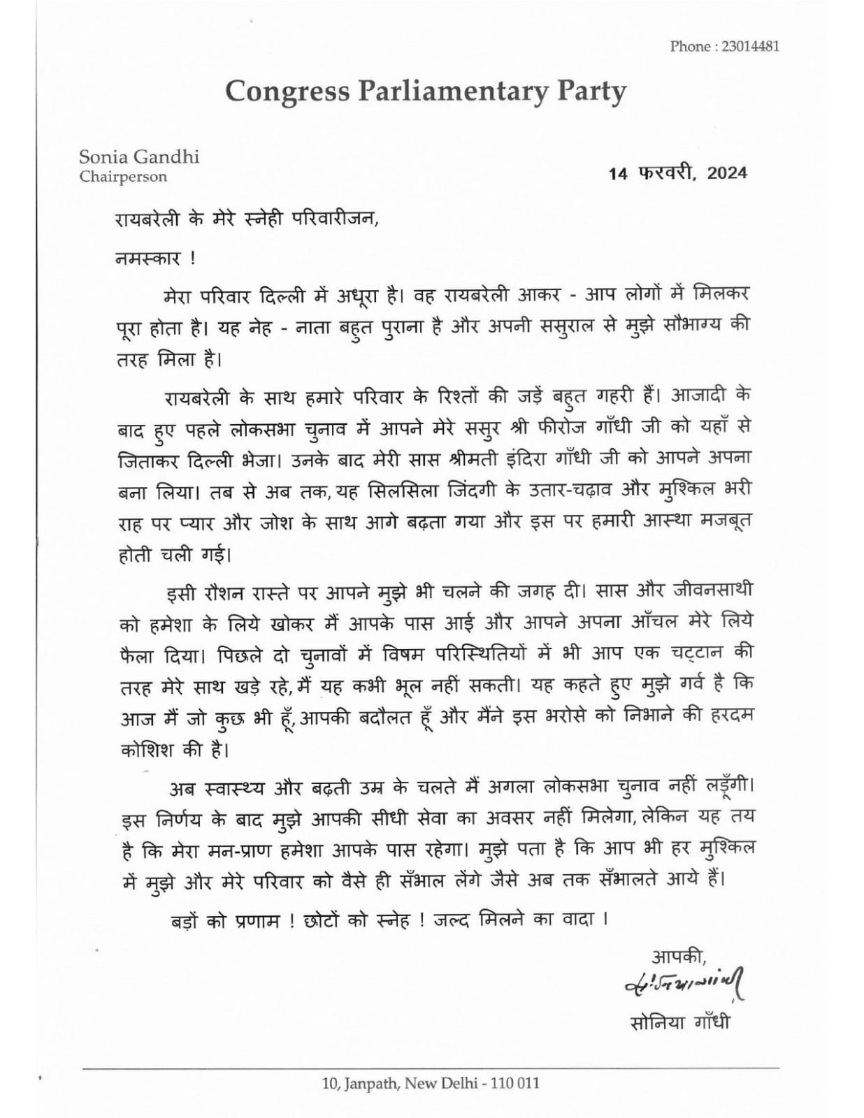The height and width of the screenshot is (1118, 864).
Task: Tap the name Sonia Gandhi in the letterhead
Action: pyautogui.click(x=139, y=157)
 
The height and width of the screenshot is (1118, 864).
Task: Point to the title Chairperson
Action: pyautogui.click(x=123, y=177)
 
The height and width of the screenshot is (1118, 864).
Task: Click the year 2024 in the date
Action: pyautogui.click(x=726, y=173)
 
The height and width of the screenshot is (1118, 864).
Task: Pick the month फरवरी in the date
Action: pyautogui.click(x=665, y=173)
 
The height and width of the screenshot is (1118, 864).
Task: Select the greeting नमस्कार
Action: pyautogui.click(x=148, y=258)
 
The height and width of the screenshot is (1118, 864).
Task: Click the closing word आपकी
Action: pyautogui.click(x=678, y=955)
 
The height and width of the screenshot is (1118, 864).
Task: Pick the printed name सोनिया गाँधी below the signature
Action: pyautogui.click(x=679, y=1023)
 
